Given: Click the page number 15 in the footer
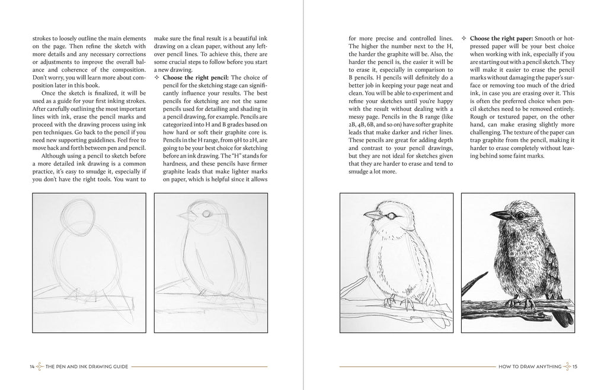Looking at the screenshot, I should [x=574, y=366].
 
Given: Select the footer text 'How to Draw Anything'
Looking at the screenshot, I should [x=522, y=366].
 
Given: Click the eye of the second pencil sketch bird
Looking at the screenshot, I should [x=205, y=215].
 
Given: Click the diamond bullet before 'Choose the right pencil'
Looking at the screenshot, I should [x=156, y=77].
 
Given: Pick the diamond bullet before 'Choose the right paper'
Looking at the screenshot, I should [x=464, y=39].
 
